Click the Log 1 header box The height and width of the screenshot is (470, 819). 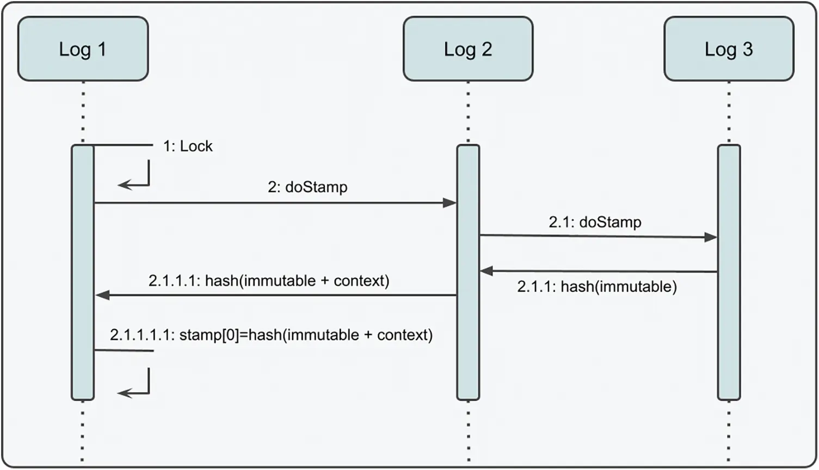pyautogui.click(x=83, y=49)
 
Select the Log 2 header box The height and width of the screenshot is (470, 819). pyautogui.click(x=468, y=49)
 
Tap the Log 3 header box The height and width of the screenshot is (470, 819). pyautogui.click(x=729, y=49)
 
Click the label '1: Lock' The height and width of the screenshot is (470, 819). pyautogui.click(x=188, y=146)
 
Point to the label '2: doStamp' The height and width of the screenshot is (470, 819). pyautogui.click(x=307, y=187)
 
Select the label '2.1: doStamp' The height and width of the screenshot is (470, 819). pyautogui.click(x=595, y=222)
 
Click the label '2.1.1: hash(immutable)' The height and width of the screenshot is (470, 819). pyautogui.click(x=597, y=287)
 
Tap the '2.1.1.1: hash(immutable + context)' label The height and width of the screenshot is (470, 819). pyautogui.click(x=269, y=281)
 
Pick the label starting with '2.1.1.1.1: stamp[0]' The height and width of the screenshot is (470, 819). pyautogui.click(x=271, y=335)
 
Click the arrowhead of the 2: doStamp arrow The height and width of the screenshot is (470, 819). pyautogui.click(x=449, y=203)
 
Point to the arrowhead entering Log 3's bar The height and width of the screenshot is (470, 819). pyautogui.click(x=711, y=237)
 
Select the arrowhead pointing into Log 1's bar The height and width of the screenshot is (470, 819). pyautogui.click(x=102, y=295)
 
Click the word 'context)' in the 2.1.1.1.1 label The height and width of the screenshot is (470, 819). pyautogui.click(x=405, y=335)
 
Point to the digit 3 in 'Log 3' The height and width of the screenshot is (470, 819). pyautogui.click(x=748, y=49)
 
